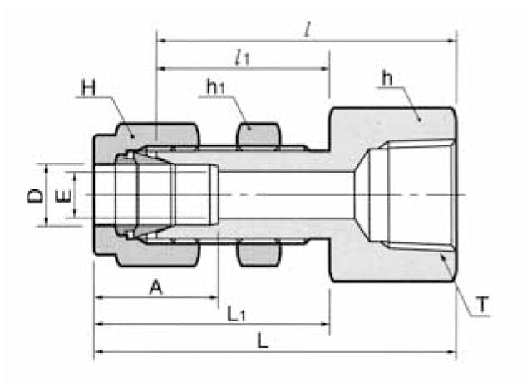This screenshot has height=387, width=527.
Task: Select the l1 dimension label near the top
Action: point(243,58)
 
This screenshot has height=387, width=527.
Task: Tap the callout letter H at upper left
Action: point(89,86)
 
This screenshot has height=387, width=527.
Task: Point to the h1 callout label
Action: point(214,86)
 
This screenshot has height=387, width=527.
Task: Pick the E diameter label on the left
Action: point(60,196)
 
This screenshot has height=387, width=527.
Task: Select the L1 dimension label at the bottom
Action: point(237,314)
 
